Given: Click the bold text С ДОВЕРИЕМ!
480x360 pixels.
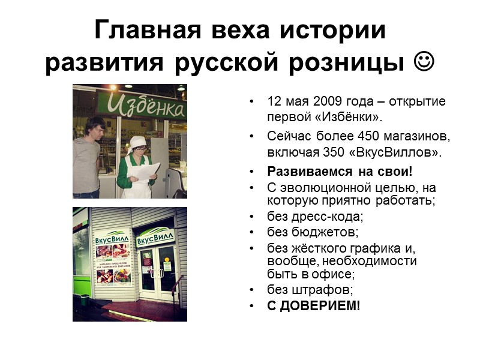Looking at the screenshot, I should (x=314, y=306).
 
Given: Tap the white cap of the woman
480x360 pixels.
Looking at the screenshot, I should (x=137, y=141).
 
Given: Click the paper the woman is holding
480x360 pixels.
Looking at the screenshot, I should (x=146, y=173).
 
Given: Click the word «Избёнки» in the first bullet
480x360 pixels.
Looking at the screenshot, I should (x=350, y=116).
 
